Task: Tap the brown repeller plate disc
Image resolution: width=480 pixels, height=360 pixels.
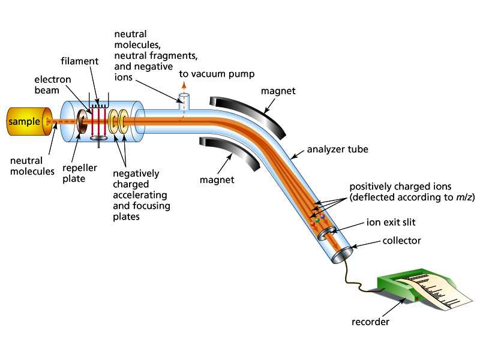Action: pyautogui.click(x=82, y=121)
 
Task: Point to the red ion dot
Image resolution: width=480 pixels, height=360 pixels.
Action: pyautogui.click(x=313, y=224)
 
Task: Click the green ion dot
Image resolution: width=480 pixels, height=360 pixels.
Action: pyautogui.click(x=317, y=220)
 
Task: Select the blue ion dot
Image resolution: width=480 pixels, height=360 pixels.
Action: pyautogui.click(x=322, y=217)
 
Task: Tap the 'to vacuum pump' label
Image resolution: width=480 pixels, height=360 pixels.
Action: pyautogui.click(x=217, y=74)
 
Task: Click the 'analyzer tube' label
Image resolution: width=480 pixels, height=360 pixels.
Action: pyautogui.click(x=337, y=149)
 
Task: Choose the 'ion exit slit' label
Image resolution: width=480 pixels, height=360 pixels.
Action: pyautogui.click(x=391, y=222)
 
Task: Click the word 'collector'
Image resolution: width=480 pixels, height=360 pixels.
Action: pyautogui.click(x=401, y=241)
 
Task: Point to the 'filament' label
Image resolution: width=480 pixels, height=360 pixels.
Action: pyautogui.click(x=80, y=61)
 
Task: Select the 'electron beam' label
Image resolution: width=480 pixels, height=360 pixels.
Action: pyautogui.click(x=53, y=85)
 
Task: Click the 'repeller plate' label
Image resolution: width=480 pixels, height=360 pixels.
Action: pyautogui.click(x=80, y=173)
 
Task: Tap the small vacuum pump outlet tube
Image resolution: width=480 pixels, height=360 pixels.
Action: pyautogui.click(x=184, y=102)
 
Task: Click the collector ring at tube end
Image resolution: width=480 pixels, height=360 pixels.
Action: pyautogui.click(x=342, y=254)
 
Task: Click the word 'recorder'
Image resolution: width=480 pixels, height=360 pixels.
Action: pyautogui.click(x=370, y=322)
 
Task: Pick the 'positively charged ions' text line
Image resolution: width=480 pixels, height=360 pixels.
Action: pyautogui.click(x=400, y=187)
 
